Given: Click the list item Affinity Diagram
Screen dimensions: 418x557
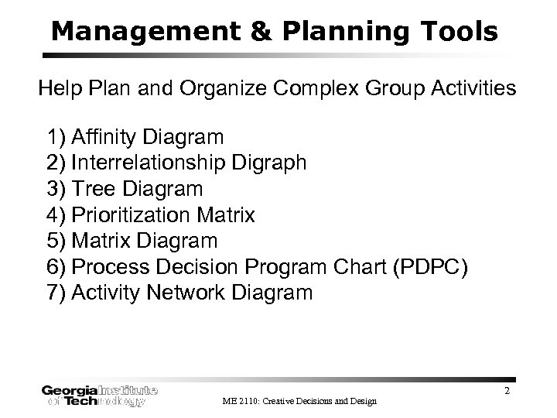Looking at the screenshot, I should tap(147, 138).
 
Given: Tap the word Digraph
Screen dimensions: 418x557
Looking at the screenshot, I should tap(271, 163).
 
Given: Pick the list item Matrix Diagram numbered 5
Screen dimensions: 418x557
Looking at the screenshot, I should tap(144, 241).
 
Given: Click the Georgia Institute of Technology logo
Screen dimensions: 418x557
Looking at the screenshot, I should tap(101, 396).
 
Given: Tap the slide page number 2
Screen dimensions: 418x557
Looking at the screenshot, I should tap(507, 391).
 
